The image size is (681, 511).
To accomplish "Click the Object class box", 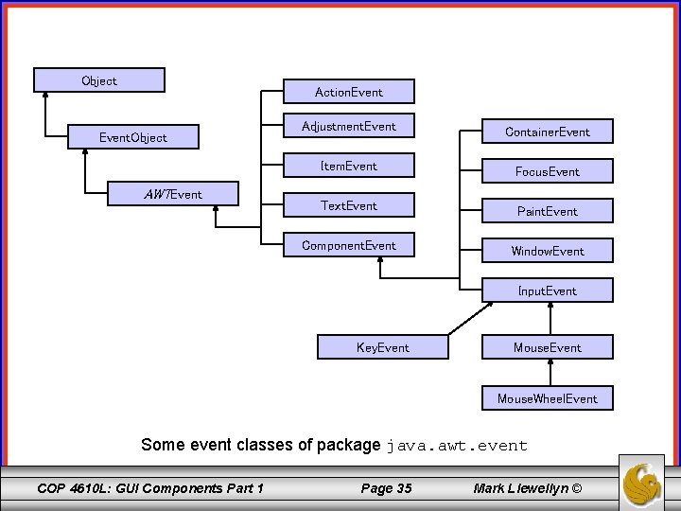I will (99, 80).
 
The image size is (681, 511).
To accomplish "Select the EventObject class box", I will (133, 137).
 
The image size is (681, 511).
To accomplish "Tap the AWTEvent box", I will (174, 194).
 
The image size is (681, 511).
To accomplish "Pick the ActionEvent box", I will (349, 92).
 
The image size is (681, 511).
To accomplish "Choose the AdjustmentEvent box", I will (349, 126).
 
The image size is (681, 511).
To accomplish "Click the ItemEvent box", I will (349, 166).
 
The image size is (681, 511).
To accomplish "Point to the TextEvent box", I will (349, 205).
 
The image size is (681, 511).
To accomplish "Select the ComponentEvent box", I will (349, 245).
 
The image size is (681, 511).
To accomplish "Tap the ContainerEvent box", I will (548, 132).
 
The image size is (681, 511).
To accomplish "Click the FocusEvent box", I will (548, 171).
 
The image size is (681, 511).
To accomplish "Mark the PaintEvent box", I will (548, 211).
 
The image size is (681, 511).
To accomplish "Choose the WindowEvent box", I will (548, 251).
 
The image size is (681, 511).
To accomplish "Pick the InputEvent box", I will (548, 291).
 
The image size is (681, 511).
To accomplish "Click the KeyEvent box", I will (383, 347).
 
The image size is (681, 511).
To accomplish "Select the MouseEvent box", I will (548, 347).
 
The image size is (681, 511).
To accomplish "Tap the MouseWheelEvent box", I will (548, 398).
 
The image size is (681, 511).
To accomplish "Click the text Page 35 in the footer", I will (386, 488).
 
